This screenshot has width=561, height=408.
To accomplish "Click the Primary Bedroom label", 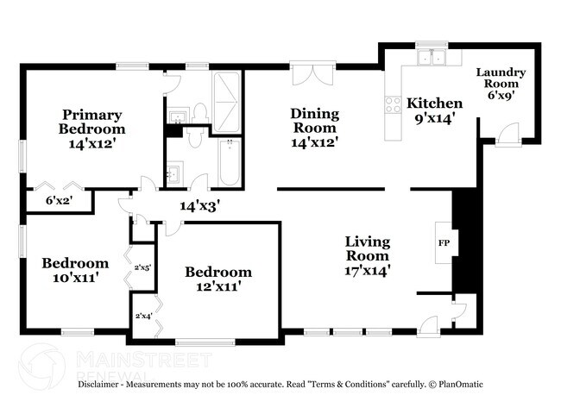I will coord(91,122).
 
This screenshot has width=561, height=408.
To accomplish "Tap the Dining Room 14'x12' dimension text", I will coord(313,142).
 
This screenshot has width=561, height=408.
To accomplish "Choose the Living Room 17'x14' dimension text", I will coord(367,270).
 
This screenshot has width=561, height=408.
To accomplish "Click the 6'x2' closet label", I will coord(59,201).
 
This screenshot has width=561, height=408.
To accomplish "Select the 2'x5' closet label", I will coord(142,267).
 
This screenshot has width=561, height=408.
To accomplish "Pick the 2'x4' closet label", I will coord(142,317).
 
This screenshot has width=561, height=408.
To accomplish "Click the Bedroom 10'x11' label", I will coord(76,270).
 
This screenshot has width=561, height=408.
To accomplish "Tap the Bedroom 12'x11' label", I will coord(218,279).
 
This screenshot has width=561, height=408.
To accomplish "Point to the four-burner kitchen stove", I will coord(391,106).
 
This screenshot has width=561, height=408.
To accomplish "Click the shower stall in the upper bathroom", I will coord(228,96).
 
